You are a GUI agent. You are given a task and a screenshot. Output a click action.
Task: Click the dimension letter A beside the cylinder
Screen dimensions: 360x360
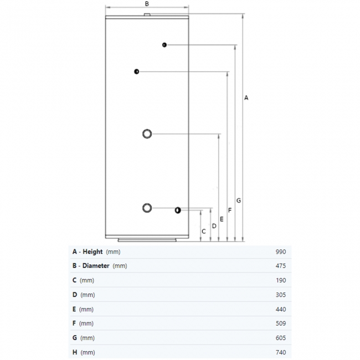point(246,97)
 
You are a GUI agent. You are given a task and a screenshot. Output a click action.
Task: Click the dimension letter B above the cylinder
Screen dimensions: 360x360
point(147,3)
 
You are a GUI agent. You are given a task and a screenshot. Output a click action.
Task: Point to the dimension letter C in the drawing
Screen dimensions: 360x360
point(204,231)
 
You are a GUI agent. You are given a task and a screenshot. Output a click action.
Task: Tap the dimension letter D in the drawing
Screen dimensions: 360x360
point(214,225)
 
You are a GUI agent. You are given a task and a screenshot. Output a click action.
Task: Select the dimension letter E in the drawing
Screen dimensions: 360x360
point(222,219)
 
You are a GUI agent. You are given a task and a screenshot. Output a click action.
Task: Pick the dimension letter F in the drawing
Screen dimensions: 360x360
point(230,210)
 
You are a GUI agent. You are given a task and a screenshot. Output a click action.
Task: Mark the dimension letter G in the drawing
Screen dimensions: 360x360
point(238,200)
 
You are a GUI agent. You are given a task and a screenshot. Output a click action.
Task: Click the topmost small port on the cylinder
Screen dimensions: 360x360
point(164,44)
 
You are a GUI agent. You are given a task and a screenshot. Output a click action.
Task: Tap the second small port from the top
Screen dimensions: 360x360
point(136,71)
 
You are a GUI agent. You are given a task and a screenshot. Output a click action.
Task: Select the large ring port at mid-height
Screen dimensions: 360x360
point(147,133)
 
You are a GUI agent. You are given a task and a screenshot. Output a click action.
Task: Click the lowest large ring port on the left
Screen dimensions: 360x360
point(147,208)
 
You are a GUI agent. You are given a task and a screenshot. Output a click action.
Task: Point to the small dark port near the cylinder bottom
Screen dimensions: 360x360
point(177,210)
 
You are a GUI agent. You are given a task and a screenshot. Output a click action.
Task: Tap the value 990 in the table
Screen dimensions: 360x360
point(280,251)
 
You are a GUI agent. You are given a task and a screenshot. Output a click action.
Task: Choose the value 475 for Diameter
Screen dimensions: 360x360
point(280,266)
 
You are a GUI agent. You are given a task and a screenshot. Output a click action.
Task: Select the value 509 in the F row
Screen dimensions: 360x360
point(280,323)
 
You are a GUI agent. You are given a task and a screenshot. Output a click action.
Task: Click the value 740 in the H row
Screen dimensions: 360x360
point(280,352)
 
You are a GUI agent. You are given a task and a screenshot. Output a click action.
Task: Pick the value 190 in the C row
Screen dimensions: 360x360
point(280,280)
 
